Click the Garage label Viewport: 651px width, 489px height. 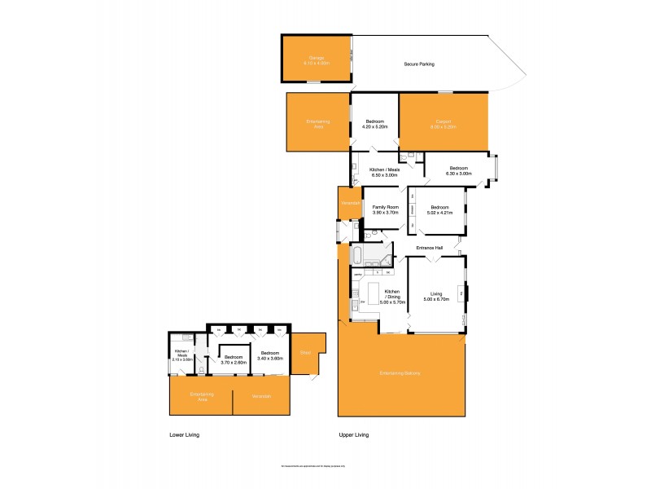point(316,58)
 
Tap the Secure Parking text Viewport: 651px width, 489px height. point(419,64)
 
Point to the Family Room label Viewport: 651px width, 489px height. point(385,208)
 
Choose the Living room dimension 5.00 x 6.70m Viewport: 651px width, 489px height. point(436,300)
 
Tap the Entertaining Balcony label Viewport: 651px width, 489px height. point(399,373)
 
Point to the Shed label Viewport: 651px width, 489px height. point(304,352)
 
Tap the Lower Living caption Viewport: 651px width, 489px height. point(184,435)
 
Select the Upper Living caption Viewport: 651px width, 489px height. point(354,435)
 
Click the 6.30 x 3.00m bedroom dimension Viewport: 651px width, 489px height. point(458,174)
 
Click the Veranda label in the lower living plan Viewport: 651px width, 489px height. point(261,396)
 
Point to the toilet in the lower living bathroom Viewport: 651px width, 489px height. point(201,369)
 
